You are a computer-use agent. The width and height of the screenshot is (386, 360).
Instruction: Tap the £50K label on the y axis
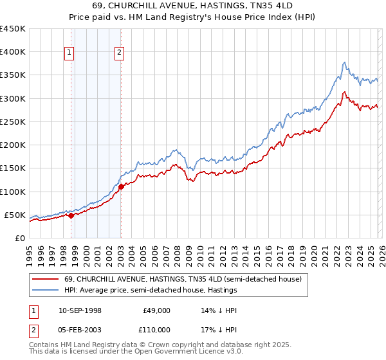(15, 215)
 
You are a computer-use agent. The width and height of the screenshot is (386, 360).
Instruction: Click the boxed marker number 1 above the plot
(69, 53)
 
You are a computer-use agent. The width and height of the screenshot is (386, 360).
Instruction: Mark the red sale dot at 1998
(71, 216)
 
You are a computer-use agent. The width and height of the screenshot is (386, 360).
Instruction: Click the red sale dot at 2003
(121, 187)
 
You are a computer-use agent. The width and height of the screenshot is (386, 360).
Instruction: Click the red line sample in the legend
(46, 279)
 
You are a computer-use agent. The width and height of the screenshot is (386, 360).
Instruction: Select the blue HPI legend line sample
(46, 291)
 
